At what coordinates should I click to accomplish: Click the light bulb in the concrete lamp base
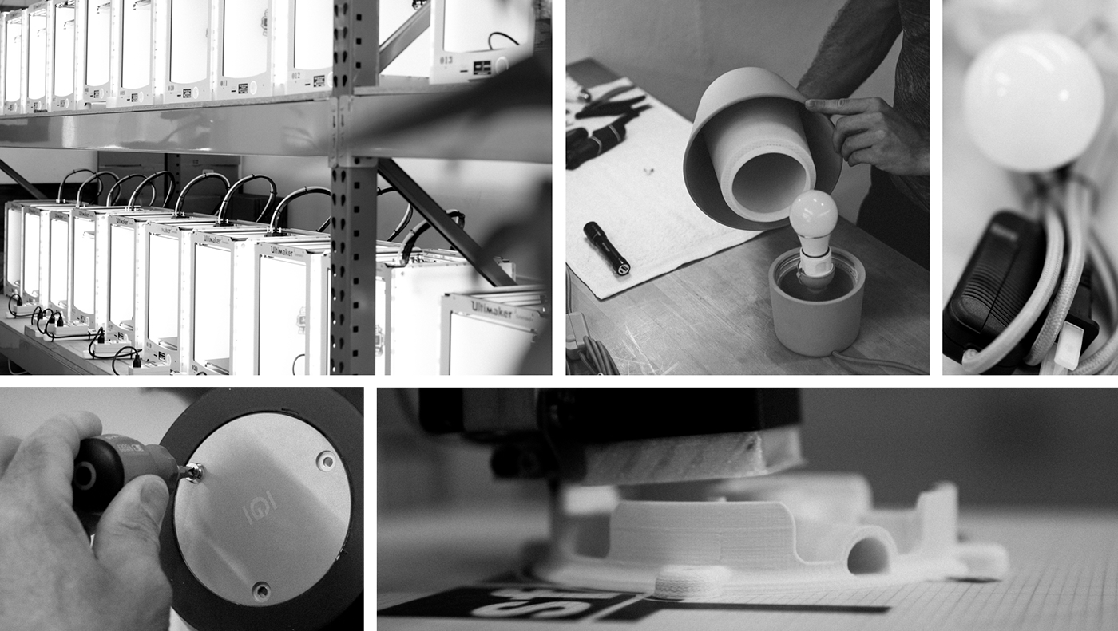813,216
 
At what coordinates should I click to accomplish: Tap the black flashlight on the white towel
606,247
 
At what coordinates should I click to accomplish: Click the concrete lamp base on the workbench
815,311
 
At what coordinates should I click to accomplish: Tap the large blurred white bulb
1033,101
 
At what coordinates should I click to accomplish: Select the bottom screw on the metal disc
260,590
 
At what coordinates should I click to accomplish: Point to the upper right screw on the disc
325,460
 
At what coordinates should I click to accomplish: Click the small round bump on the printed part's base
683,583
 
